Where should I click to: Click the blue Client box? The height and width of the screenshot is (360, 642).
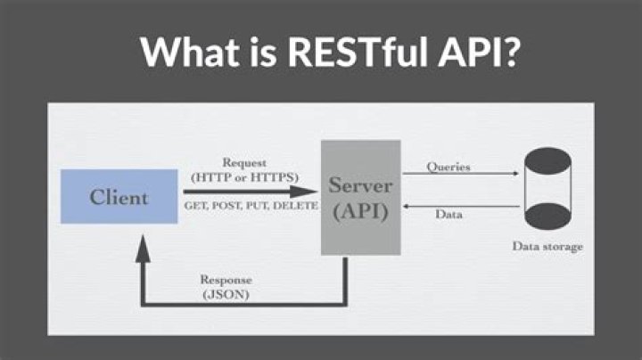pyautogui.click(x=118, y=196)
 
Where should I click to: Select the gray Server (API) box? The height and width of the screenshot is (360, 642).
pyautogui.click(x=360, y=197)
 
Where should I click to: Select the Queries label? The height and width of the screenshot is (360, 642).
pyautogui.click(x=449, y=167)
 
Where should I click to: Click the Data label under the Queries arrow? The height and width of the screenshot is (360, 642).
pyautogui.click(x=448, y=215)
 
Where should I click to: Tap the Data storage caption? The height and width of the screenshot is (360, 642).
pyautogui.click(x=547, y=246)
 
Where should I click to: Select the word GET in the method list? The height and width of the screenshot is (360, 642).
pyautogui.click(x=195, y=206)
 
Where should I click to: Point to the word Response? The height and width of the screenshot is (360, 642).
pyautogui.click(x=226, y=279)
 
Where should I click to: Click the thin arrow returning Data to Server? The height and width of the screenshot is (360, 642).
pyautogui.click(x=459, y=206)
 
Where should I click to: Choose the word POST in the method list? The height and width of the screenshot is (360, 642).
pyautogui.click(x=223, y=206)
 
